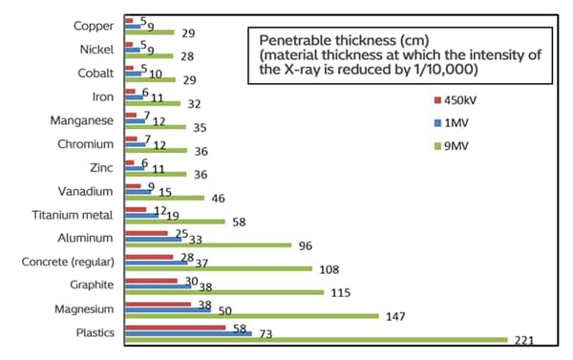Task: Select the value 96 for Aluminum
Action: (307, 245)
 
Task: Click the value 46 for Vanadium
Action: (217, 198)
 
